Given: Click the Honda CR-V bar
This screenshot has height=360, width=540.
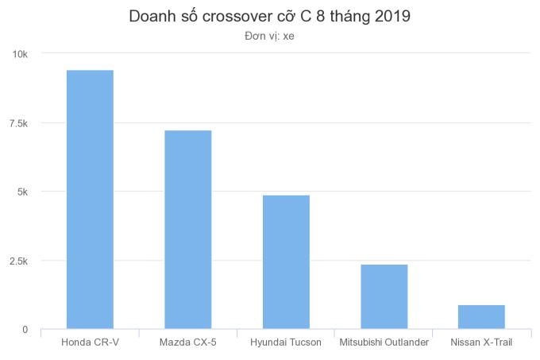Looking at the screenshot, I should tap(90, 199).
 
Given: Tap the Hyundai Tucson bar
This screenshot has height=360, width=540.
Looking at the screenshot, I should tap(286, 261).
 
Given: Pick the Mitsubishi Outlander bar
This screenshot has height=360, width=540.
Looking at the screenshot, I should tap(384, 296).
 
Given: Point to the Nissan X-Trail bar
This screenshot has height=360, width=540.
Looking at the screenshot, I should tap(481, 316).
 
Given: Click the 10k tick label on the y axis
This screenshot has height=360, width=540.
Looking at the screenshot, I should tap(18, 54).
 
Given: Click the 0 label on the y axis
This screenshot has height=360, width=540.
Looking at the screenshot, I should tap(25, 329).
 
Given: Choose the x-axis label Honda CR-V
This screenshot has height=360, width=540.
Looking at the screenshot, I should tap(90, 343).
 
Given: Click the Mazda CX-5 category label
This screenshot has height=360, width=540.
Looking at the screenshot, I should tap(187, 343).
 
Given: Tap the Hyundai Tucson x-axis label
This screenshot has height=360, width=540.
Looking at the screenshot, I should tap(286, 343).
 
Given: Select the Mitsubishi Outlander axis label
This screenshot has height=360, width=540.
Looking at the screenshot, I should tap(384, 343).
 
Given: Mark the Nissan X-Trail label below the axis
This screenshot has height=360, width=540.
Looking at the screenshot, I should tap(481, 343).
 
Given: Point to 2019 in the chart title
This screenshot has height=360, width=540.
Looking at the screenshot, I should tap(391, 16).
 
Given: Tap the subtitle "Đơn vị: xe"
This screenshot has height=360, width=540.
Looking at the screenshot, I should tap(270, 36).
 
